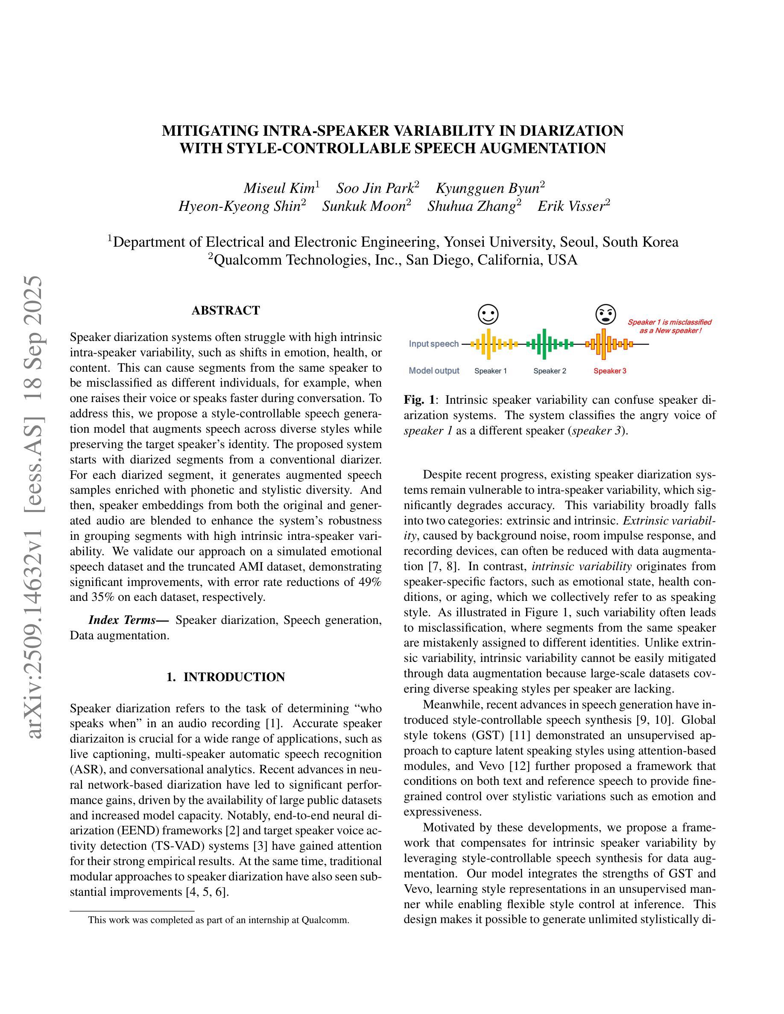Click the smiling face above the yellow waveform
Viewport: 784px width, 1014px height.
click(x=488, y=315)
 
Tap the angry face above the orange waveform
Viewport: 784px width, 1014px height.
click(x=605, y=315)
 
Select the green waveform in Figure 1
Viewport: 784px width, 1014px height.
click(x=550, y=344)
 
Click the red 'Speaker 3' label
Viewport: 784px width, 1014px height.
click(x=610, y=371)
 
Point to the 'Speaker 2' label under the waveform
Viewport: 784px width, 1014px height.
click(x=550, y=371)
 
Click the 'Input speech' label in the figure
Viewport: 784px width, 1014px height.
click(x=433, y=344)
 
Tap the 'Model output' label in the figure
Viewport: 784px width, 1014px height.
click(x=434, y=371)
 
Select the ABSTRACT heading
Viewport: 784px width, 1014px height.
click(x=226, y=310)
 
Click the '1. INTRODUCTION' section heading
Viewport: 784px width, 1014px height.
click(x=226, y=677)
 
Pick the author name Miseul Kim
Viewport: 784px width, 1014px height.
click(x=279, y=189)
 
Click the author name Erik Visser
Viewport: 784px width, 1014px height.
click(x=571, y=206)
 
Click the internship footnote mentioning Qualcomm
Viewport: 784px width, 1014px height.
click(x=218, y=920)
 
